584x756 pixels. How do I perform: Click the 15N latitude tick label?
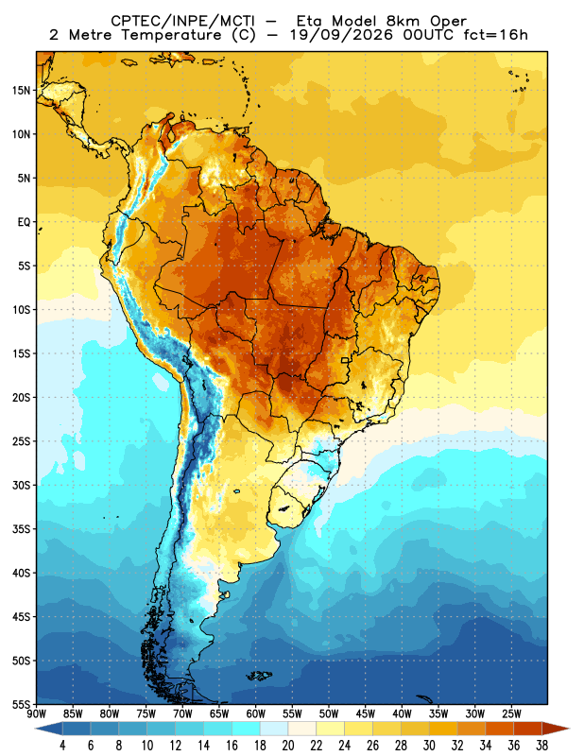(21, 91)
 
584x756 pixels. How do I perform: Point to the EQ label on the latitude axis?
(25, 222)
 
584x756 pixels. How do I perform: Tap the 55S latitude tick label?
(21, 704)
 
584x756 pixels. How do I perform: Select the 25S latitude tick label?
(21, 441)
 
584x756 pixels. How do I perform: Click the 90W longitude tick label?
(37, 714)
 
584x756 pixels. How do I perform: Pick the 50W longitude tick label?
(329, 714)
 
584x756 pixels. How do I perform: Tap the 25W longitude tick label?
(511, 714)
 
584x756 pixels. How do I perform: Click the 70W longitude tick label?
(182, 714)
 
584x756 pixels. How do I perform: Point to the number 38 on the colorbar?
(542, 746)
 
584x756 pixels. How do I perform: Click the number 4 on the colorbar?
(62, 746)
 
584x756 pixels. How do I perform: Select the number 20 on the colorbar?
(288, 746)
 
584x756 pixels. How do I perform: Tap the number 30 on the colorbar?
(429, 746)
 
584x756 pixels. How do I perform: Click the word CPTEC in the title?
(129, 21)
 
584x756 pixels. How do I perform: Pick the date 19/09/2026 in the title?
(341, 35)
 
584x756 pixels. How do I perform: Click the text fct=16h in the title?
(495, 35)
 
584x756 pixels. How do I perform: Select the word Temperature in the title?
(171, 35)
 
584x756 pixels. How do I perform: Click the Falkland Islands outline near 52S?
(260, 676)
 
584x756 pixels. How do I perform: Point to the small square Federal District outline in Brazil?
(345, 360)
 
